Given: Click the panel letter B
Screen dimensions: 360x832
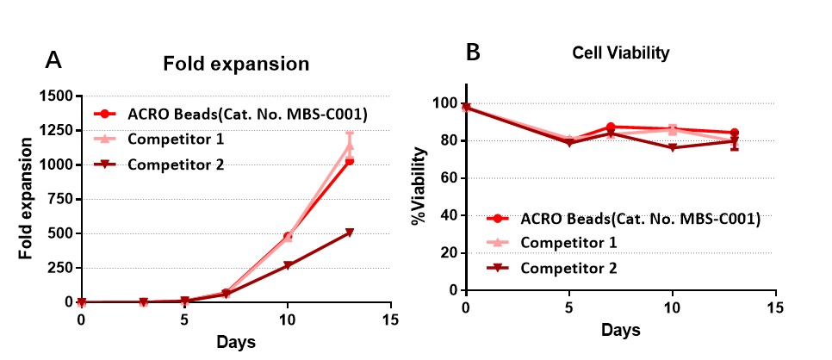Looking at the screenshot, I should (473, 53).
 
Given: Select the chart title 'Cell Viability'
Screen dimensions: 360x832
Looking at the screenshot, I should (621, 53).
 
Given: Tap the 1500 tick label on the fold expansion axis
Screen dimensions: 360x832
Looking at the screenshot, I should (56, 96).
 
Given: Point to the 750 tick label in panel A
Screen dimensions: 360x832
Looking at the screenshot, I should (60, 199).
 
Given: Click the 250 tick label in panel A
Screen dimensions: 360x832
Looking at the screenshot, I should (60, 268).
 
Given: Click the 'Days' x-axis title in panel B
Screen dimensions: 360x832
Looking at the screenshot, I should (621, 330).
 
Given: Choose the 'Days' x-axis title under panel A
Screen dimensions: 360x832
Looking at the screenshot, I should (235, 342).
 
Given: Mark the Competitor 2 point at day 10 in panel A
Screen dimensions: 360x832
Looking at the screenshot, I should (288, 265).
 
